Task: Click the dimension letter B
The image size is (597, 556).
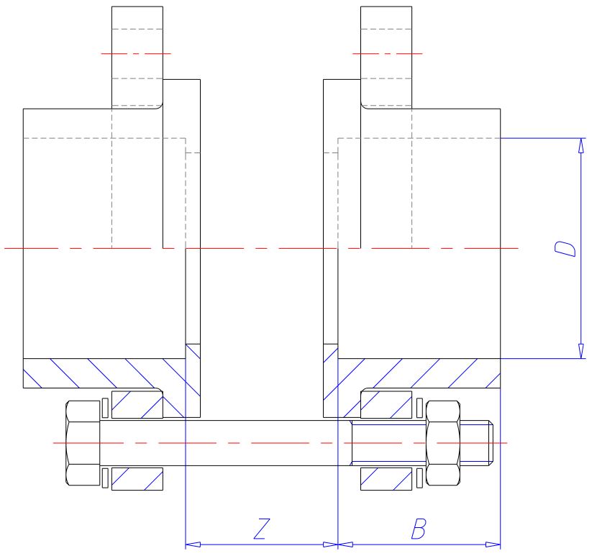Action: click(x=419, y=529)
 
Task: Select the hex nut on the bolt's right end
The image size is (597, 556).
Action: click(x=444, y=442)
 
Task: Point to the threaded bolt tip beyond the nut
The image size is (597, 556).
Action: click(x=478, y=442)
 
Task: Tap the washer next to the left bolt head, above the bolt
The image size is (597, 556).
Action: click(x=106, y=406)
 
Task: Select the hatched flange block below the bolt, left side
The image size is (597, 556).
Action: click(x=137, y=478)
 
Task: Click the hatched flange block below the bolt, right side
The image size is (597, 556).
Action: click(x=387, y=478)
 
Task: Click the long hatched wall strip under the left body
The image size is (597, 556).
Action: click(x=104, y=373)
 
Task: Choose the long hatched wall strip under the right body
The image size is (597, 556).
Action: click(x=417, y=373)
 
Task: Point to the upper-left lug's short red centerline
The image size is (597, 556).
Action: click(x=137, y=53)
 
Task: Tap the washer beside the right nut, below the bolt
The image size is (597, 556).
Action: click(x=419, y=478)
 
